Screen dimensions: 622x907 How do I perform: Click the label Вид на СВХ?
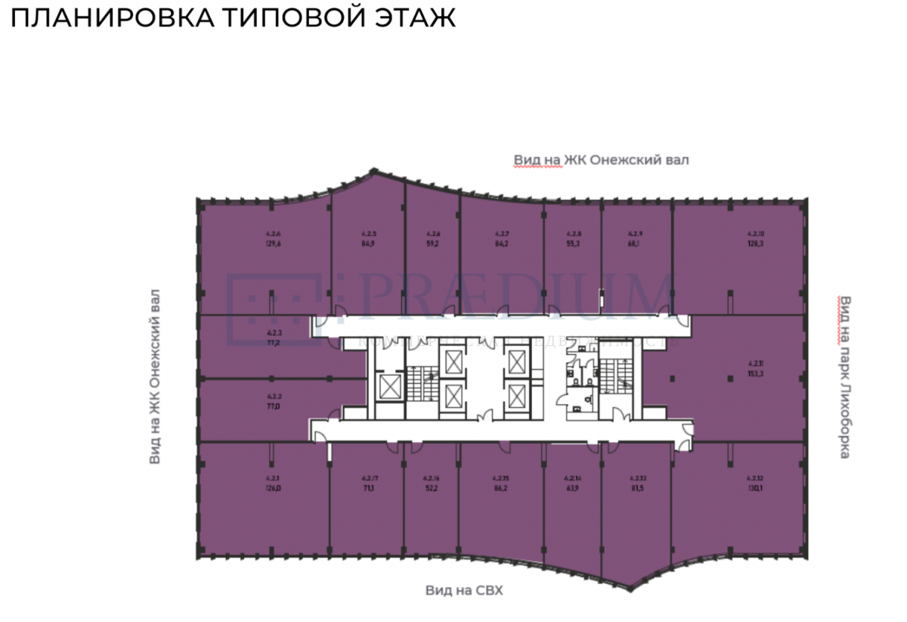click(x=464, y=590)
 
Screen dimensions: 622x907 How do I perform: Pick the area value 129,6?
click(x=274, y=244)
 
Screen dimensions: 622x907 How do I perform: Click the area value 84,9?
click(x=369, y=244)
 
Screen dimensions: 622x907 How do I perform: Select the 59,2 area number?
click(x=434, y=244)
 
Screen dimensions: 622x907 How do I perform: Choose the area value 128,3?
click(x=757, y=244)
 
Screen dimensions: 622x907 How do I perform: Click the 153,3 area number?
click(x=757, y=373)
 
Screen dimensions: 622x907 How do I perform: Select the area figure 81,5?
click(x=637, y=488)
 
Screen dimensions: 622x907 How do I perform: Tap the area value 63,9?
click(x=572, y=488)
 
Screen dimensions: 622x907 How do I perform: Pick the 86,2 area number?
click(x=500, y=488)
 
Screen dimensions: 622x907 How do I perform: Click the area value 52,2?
click(x=432, y=488)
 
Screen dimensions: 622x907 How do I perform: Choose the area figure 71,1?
click(x=369, y=488)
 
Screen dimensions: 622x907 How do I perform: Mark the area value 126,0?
click(x=273, y=488)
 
